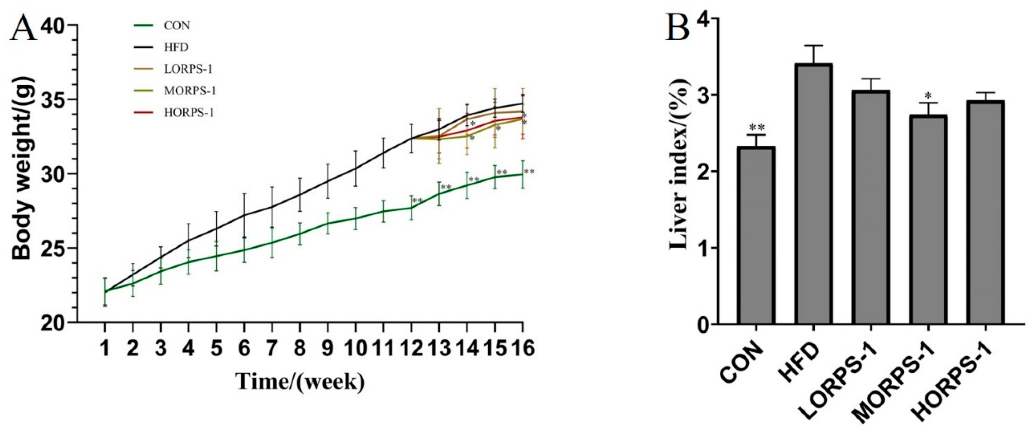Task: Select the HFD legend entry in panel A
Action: coord(176,47)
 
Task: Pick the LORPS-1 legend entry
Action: coord(188,69)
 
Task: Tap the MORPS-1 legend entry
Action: coord(189,91)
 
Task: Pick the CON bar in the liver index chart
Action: coord(756,236)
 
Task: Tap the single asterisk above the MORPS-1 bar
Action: coord(928,96)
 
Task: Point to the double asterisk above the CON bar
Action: coord(757,128)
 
